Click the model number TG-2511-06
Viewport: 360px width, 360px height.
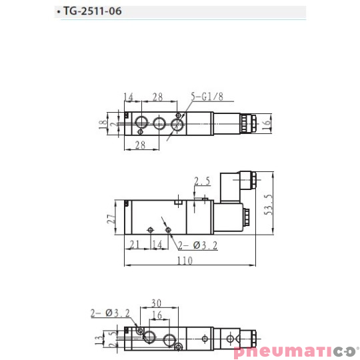[x=93, y=12]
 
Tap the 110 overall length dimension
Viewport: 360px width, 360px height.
[x=185, y=261]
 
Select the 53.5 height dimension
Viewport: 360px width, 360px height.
[x=268, y=207]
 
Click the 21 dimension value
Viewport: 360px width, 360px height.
[x=134, y=245]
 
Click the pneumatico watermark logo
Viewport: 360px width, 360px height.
[x=296, y=351]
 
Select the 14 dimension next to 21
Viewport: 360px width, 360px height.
[x=157, y=245]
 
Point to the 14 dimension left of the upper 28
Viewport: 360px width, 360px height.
[x=129, y=97]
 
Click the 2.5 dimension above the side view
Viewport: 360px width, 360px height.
[x=201, y=181]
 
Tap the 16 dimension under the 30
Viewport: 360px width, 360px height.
[x=157, y=314]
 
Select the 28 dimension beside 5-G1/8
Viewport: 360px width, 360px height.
[x=158, y=97]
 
